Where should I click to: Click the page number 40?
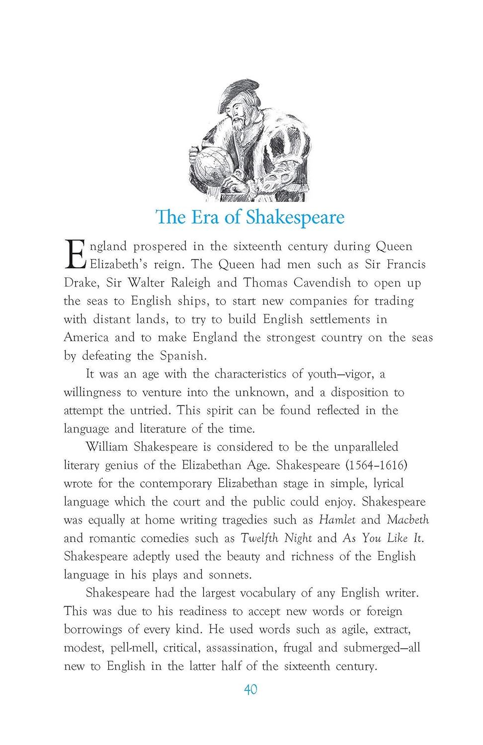pyautogui.click(x=250, y=689)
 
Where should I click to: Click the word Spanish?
pyautogui.click(x=182, y=356)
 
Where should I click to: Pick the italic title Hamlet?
pyautogui.click(x=337, y=520)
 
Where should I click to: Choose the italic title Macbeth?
pyautogui.click(x=407, y=520)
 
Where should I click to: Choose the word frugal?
pyautogui.click(x=298, y=648)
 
